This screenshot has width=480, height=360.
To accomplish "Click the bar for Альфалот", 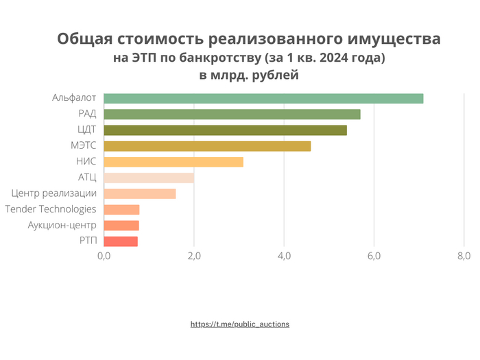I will [x=263, y=98].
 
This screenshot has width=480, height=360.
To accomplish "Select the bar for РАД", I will [x=232, y=114].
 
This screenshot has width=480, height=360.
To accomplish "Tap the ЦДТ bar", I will [x=225, y=130].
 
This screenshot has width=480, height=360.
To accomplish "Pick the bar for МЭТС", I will [x=207, y=146].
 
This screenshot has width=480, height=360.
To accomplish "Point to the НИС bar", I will [x=173, y=162].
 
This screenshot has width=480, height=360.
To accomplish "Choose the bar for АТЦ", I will [x=149, y=178].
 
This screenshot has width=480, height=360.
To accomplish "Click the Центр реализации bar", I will [x=140, y=193].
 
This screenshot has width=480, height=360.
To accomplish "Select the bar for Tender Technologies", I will [x=121, y=209].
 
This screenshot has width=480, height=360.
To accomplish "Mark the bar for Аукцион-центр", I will [x=121, y=225].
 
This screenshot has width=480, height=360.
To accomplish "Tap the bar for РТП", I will [x=121, y=241].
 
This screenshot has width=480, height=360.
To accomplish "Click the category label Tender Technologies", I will [x=51, y=209].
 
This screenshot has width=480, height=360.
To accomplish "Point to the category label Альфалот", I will [x=74, y=98].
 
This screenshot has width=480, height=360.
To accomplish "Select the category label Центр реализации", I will [x=55, y=193].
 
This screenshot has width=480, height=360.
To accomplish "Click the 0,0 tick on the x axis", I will [x=104, y=256].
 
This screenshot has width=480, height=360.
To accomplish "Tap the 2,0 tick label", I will [x=194, y=256].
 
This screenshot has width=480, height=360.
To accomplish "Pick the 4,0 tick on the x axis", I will [x=284, y=256].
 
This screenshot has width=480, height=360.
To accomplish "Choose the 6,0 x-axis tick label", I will [x=374, y=256].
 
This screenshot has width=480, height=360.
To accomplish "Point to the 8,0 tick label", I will [x=463, y=256].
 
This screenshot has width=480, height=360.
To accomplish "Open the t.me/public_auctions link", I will [x=240, y=324].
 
